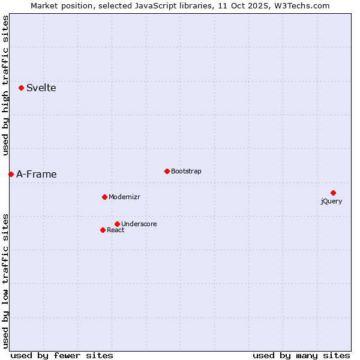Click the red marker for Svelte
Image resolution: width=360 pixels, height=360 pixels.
coord(22,88)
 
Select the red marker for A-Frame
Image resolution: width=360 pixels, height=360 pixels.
coord(11,174)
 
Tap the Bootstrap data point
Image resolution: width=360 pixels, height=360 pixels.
coord(167,171)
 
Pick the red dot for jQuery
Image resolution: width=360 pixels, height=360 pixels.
coord(333,193)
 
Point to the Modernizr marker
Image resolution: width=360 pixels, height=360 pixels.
coord(104,197)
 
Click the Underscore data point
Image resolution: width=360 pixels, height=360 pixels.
coord(117,224)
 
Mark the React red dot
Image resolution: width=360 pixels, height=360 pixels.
coord(103,230)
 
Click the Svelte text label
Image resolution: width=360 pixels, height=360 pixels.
coord(41,88)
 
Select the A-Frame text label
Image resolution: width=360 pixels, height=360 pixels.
coord(37,175)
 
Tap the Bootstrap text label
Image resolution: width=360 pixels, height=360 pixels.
coord(186,172)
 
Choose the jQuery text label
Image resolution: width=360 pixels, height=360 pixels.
coord(331,202)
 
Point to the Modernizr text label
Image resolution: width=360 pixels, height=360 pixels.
coord(124,197)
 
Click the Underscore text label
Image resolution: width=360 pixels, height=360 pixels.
coord(139,224)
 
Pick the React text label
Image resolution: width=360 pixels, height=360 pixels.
coord(116,230)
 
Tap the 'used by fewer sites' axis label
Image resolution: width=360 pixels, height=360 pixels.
coord(62,355)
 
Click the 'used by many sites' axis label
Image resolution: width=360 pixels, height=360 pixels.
coord(301,355)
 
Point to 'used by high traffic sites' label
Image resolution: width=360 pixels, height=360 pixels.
coord(5,86)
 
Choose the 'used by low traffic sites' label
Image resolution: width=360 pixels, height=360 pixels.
coord(5,280)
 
